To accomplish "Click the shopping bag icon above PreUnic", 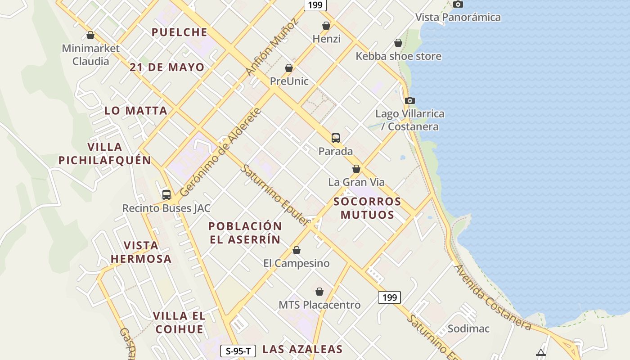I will pyautogui.click(x=289, y=68).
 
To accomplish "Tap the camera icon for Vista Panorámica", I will pyautogui.click(x=458, y=4).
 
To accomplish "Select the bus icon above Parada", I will pyautogui.click(x=336, y=138).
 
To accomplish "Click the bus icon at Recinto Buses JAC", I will pyautogui.click(x=166, y=195).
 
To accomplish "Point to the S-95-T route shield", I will pyautogui.click(x=238, y=351).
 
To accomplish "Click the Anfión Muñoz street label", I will pyautogui.click(x=272, y=47).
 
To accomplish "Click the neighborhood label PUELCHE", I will pyautogui.click(x=180, y=32).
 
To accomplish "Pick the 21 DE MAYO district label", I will pyautogui.click(x=167, y=67).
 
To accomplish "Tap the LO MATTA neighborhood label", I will pyautogui.click(x=136, y=111).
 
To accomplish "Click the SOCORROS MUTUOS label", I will pyautogui.click(x=367, y=208).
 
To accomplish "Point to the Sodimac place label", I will pyautogui.click(x=468, y=328).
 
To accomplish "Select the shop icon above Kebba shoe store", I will pyautogui.click(x=398, y=43).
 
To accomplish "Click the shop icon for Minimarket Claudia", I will pyautogui.click(x=90, y=35).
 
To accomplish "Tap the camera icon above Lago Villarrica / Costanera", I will pyautogui.click(x=409, y=101).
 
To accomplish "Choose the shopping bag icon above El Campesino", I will pyautogui.click(x=297, y=250).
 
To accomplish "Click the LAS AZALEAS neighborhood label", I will pyautogui.click(x=302, y=349).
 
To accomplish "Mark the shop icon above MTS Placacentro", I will pyautogui.click(x=319, y=292).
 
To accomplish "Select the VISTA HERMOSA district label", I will pyautogui.click(x=141, y=252).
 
